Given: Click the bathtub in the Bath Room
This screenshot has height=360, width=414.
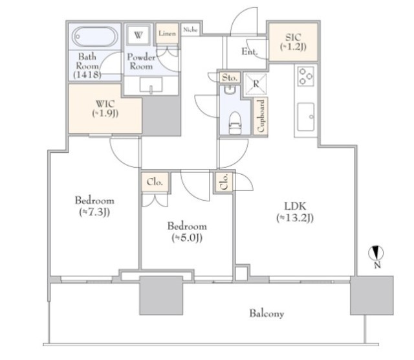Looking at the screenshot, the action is [95, 36].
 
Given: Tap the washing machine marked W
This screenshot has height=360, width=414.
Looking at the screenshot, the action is [138, 35].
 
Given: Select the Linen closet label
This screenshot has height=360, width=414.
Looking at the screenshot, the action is [167, 34].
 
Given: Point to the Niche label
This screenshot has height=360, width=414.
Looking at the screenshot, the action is [190, 30].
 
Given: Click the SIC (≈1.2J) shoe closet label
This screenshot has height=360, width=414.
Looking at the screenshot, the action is [293, 41].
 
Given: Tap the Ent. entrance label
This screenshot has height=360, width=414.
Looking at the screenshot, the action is [250, 51].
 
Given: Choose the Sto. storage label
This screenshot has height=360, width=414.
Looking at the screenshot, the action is [230, 78].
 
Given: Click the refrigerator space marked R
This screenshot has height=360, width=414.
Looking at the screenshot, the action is [256, 84].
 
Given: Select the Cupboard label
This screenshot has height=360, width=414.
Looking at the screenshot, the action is [261, 116].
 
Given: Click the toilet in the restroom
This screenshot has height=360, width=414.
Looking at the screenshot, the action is [235, 123].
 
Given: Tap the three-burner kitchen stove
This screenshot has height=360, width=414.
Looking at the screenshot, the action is [306, 76].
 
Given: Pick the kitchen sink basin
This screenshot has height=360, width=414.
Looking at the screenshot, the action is [306, 117].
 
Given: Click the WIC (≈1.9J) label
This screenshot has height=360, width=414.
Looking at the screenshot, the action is [105, 108].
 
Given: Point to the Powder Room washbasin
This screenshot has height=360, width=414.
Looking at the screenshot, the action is [151, 85].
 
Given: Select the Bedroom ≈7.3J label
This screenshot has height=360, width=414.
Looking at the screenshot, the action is [94, 206].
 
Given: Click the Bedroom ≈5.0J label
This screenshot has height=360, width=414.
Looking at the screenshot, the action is [187, 232].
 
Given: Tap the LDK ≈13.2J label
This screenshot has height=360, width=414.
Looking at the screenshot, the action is [295, 212].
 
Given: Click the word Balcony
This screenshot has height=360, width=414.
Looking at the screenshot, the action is [267, 314].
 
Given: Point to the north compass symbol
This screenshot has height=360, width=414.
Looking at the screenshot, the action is [376, 253].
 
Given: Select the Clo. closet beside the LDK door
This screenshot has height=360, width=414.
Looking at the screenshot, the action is [224, 182].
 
